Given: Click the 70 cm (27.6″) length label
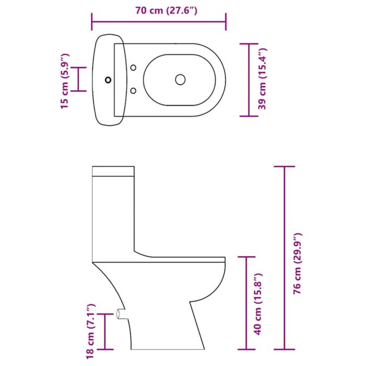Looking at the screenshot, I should pos(158,10).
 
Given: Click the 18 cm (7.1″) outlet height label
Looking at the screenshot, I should pos(90,331).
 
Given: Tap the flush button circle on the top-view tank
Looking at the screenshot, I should pos(108,80).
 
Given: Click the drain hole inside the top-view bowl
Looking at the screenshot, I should pos(180,79).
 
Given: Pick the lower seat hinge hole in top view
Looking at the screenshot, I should pos(133,91).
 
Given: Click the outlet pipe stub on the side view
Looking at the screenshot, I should pos(121,315).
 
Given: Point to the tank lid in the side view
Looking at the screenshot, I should pos(113,171).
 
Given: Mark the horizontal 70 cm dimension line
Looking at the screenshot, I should pos(158,22).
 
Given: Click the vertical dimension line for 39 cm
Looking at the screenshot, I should pos(248,80).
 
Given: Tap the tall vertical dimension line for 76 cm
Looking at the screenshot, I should pos(284,258).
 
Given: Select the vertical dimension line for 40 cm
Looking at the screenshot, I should pos(246,303).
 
